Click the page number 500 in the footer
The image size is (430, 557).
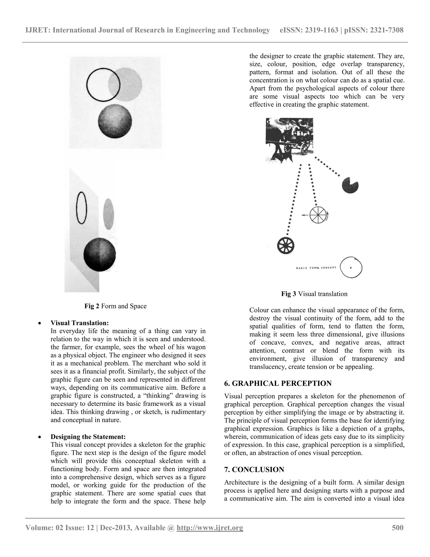tap(397, 527)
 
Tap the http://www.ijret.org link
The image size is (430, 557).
tap(210, 527)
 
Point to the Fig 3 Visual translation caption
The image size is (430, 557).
tap(314, 294)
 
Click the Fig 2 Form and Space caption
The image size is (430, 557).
tap(115, 306)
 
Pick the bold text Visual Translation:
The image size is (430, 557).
tap(80, 323)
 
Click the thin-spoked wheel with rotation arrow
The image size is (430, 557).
tap(318, 215)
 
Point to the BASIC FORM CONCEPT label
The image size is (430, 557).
tap(316, 268)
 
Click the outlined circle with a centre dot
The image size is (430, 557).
tap(351, 268)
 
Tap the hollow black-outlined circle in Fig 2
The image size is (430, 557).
tap(103, 85)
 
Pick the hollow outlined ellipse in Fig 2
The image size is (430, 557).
tap(81, 208)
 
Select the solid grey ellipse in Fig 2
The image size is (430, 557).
tap(109, 214)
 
